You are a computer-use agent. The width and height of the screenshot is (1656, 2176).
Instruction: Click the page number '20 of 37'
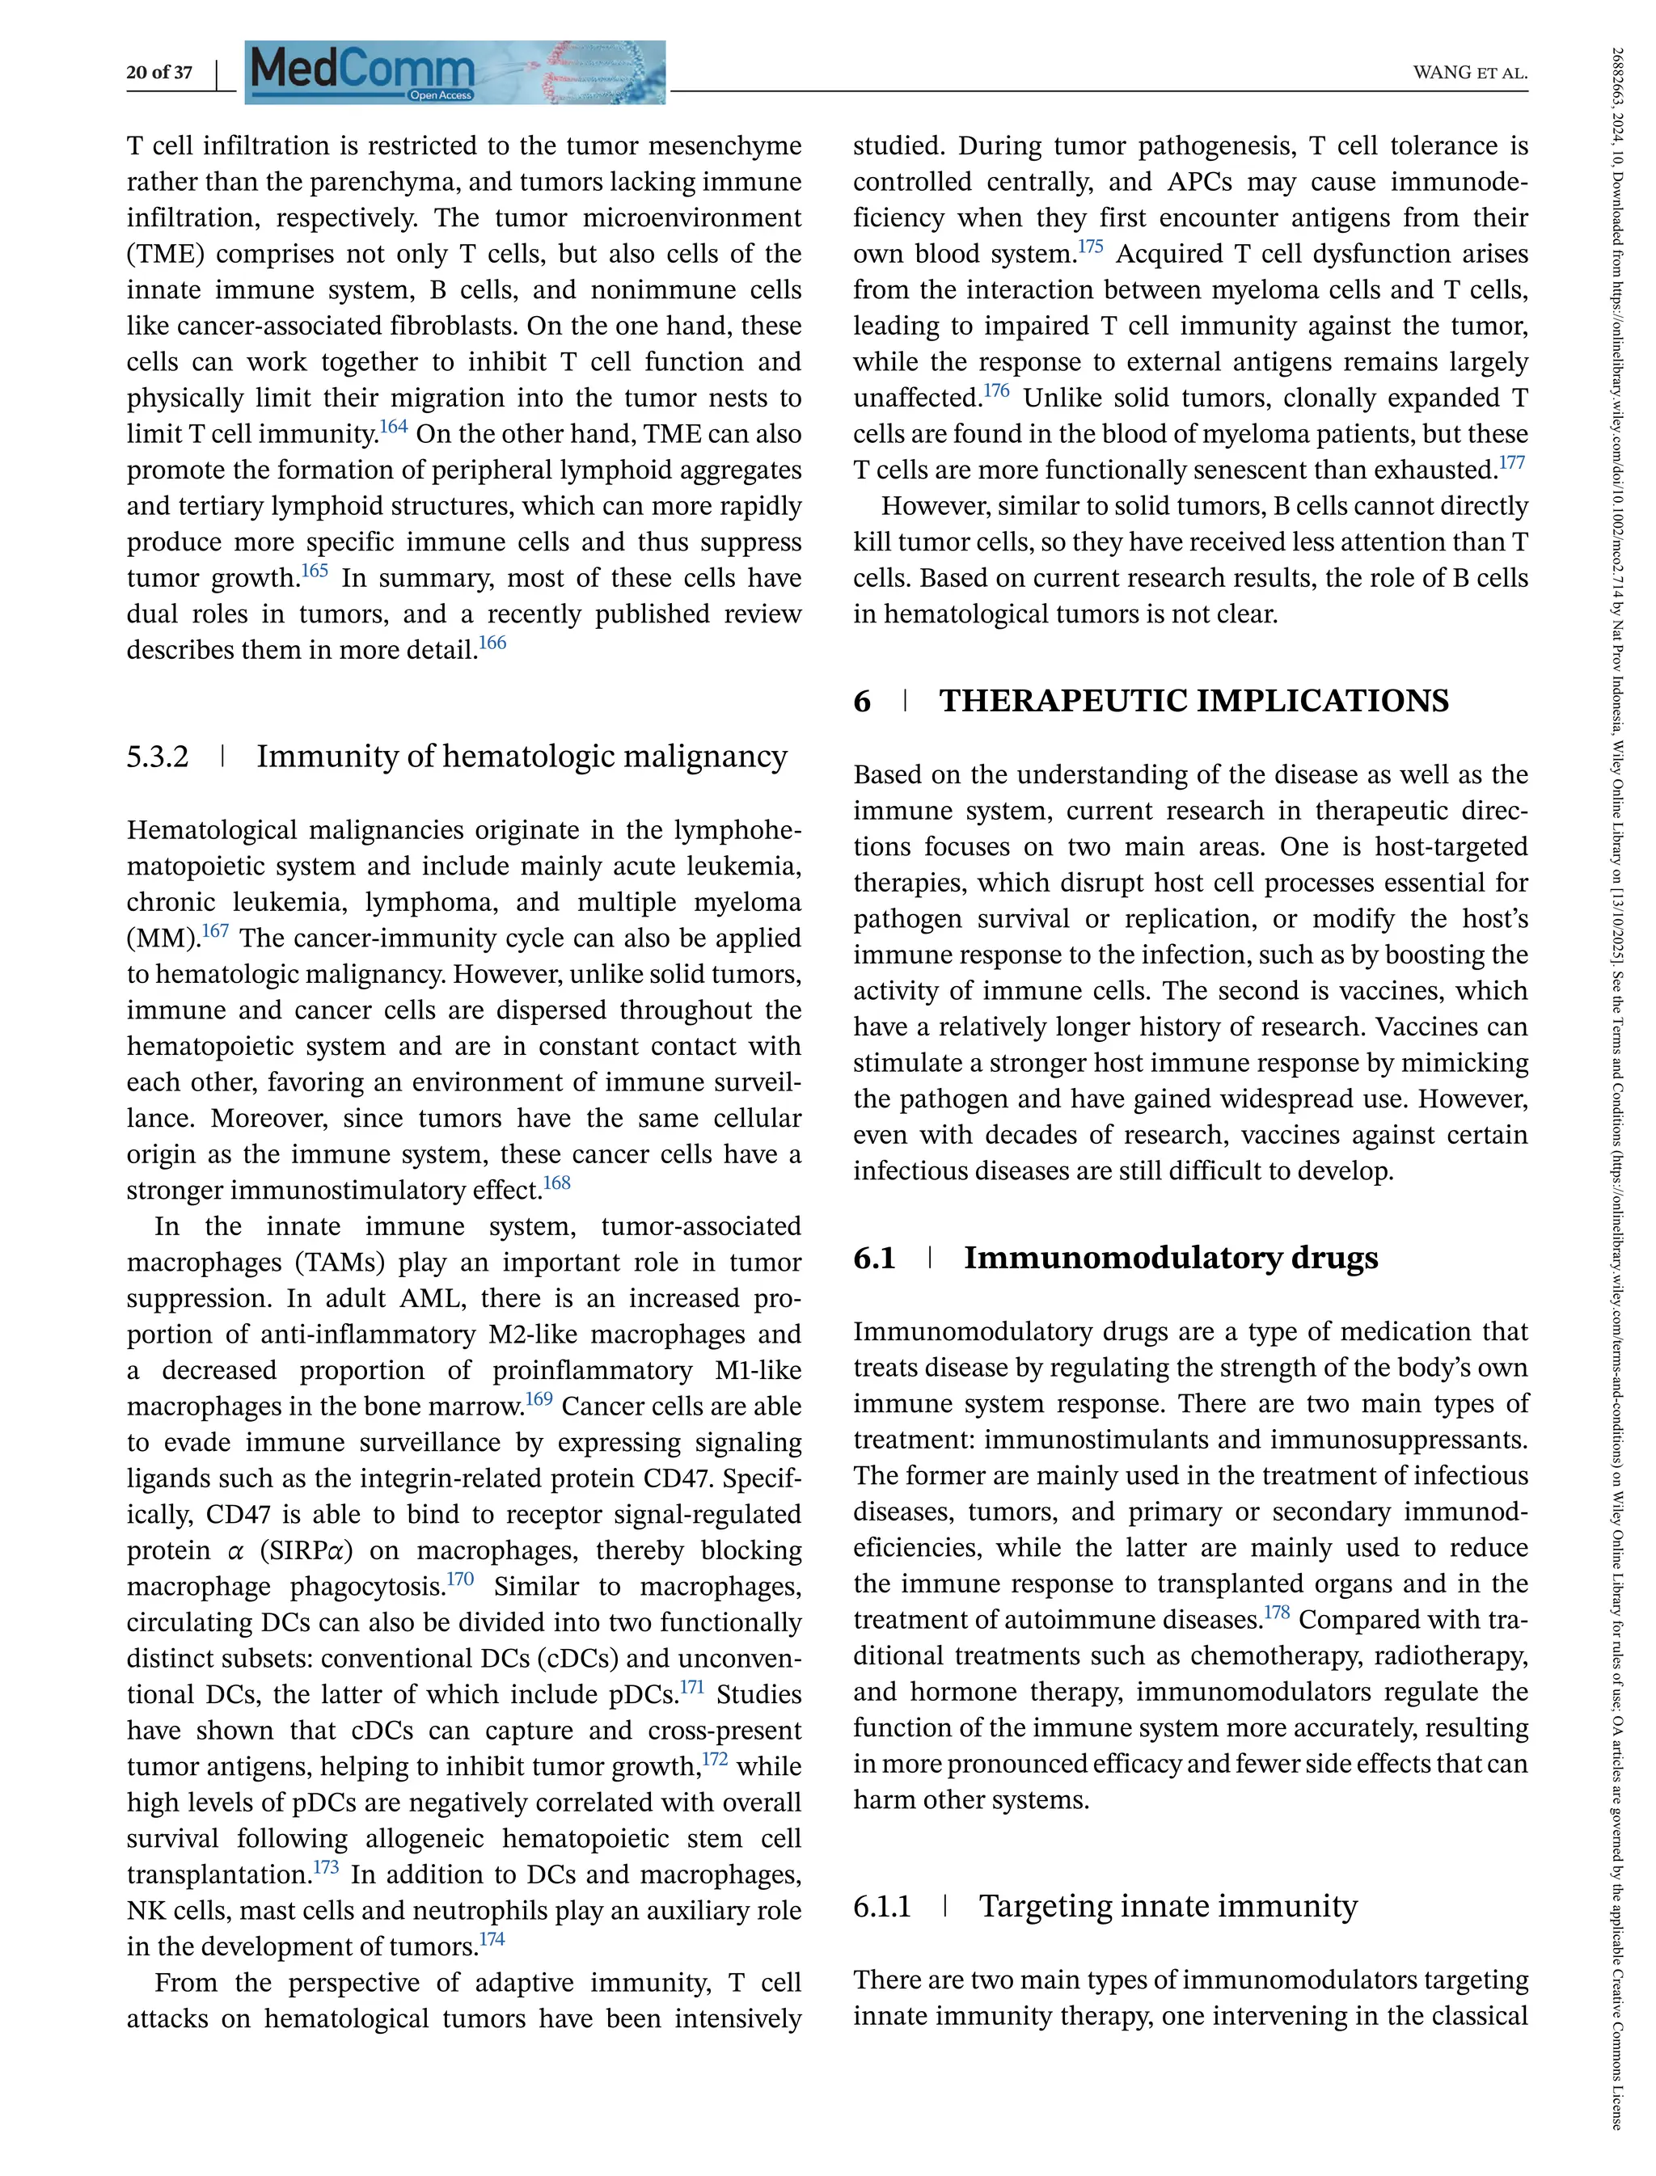(158, 72)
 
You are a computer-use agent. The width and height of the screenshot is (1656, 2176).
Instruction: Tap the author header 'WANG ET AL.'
(1470, 73)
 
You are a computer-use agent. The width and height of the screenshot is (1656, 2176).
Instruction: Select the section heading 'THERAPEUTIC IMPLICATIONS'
(1193, 701)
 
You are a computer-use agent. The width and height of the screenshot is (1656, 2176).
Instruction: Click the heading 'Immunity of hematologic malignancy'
(522, 757)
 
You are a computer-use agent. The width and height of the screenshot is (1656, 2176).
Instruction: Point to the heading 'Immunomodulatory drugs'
(1170, 1259)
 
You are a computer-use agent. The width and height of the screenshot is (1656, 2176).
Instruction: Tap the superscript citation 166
(492, 643)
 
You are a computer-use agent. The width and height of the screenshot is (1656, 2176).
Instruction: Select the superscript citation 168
(557, 1183)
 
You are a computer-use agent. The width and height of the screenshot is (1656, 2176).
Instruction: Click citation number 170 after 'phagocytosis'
(460, 1579)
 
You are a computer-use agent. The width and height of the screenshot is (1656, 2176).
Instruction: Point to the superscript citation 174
(491, 1939)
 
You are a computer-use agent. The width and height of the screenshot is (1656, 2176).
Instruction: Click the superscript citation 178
(1277, 1613)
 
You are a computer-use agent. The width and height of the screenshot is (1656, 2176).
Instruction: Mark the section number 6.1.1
(882, 1907)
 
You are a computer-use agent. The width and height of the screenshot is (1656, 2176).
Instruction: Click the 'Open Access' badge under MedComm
(441, 95)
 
